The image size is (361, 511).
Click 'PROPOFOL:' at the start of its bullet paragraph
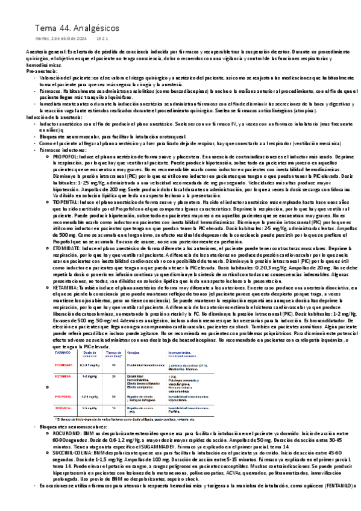(64, 154)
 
